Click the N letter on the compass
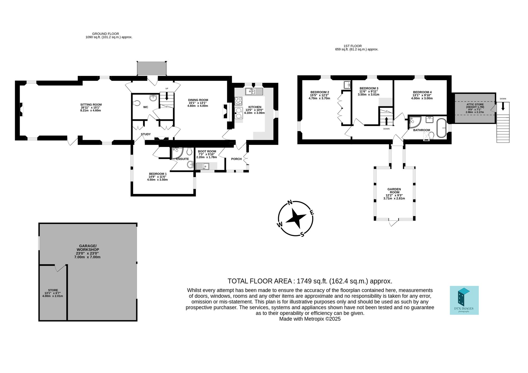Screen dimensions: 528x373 (x=290, y=203)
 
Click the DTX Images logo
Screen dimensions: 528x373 (x=464, y=300)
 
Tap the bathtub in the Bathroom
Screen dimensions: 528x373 (x=441, y=128)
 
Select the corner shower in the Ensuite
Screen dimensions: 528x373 (x=177, y=153)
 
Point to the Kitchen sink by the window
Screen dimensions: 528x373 (x=254, y=92)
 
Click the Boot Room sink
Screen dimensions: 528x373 (x=203, y=166)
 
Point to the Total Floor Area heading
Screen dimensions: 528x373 (x=310, y=281)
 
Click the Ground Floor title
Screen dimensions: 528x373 (x=106, y=34)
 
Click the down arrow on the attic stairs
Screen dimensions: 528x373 (x=503, y=106)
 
